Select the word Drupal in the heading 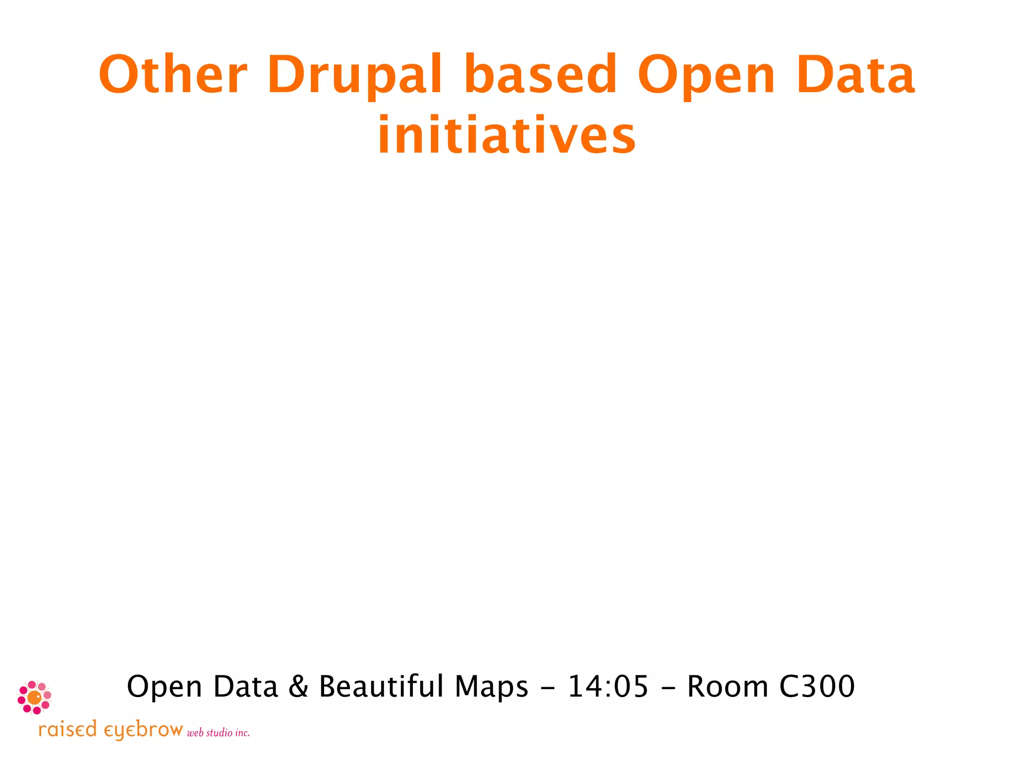pos(354,75)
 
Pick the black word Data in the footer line pos(245,687)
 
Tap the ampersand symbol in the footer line pos(298,687)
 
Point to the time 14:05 pos(608,687)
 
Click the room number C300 pos(817,687)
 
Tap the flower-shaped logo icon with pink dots pos(34,698)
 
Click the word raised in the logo pos(67,729)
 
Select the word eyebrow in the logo pos(143,730)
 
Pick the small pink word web pos(195,733)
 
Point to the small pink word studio pos(219,732)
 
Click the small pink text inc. pos(242,733)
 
